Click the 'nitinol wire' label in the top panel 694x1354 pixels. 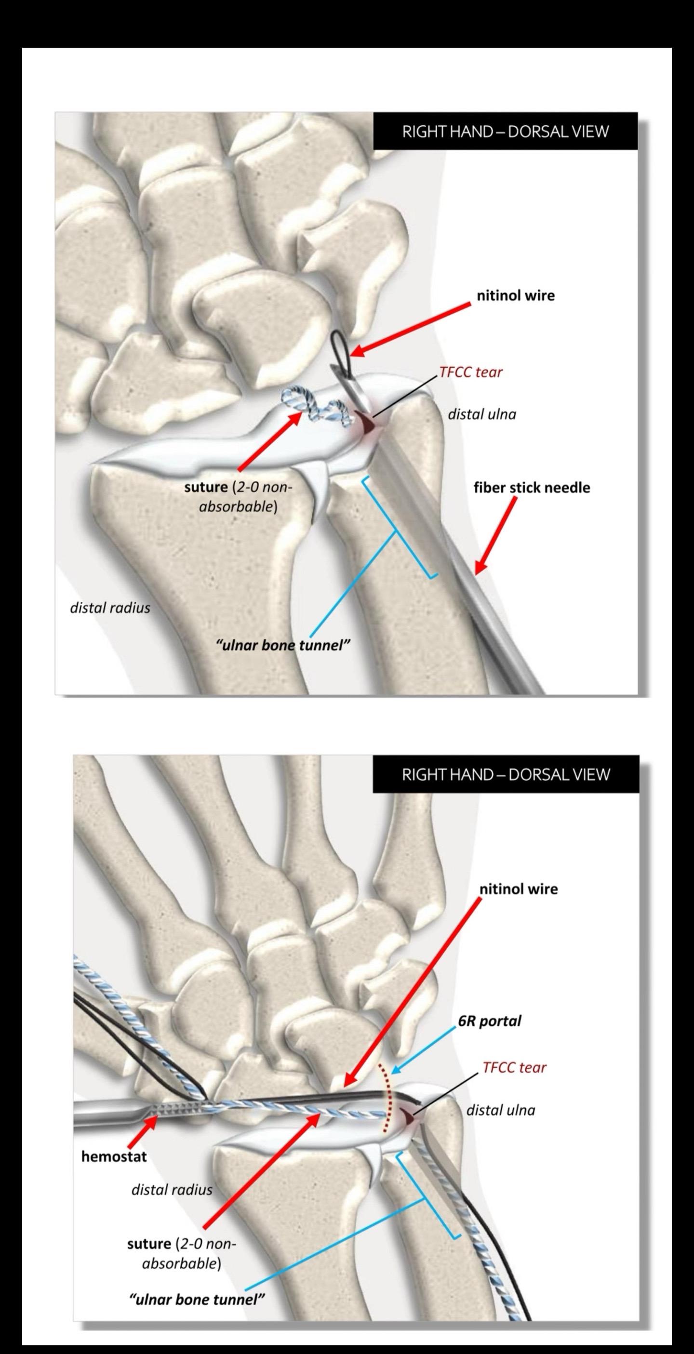[x=515, y=295]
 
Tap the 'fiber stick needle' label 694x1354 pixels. [x=532, y=487]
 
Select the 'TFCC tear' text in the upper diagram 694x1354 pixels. [x=470, y=372]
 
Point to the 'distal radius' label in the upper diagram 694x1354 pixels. [x=110, y=608]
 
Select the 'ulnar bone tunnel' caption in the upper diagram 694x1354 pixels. [x=283, y=645]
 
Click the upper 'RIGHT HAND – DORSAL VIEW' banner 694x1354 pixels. [x=505, y=132]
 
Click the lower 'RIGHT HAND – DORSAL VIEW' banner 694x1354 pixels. [x=506, y=774]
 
